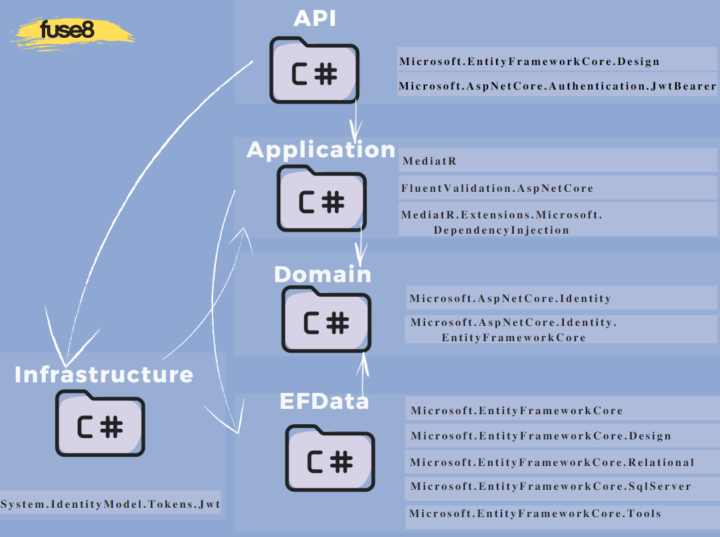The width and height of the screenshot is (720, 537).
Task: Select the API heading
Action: point(314,18)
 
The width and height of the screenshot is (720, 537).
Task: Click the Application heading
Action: point(321,150)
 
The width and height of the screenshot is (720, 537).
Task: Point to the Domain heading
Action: point(323,274)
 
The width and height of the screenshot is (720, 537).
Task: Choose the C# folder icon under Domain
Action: point(326,319)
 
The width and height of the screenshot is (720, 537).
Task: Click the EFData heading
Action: point(324,401)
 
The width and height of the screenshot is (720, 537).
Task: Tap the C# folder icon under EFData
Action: point(330,457)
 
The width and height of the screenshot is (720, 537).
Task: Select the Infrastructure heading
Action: point(104,374)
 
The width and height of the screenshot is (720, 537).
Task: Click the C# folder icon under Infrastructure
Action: point(100,423)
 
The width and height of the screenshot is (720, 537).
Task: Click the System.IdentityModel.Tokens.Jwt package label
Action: point(110,504)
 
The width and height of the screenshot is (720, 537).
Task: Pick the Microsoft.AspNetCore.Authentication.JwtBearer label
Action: point(557,86)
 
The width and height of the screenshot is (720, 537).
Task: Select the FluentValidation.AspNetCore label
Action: point(497,189)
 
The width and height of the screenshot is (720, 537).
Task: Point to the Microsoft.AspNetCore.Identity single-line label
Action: point(510,298)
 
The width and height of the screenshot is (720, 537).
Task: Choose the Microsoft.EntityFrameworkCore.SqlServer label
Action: point(551,487)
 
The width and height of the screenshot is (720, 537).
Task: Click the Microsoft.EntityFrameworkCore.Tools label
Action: point(535,513)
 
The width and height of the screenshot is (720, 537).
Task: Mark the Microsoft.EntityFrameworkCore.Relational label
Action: point(552,462)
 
